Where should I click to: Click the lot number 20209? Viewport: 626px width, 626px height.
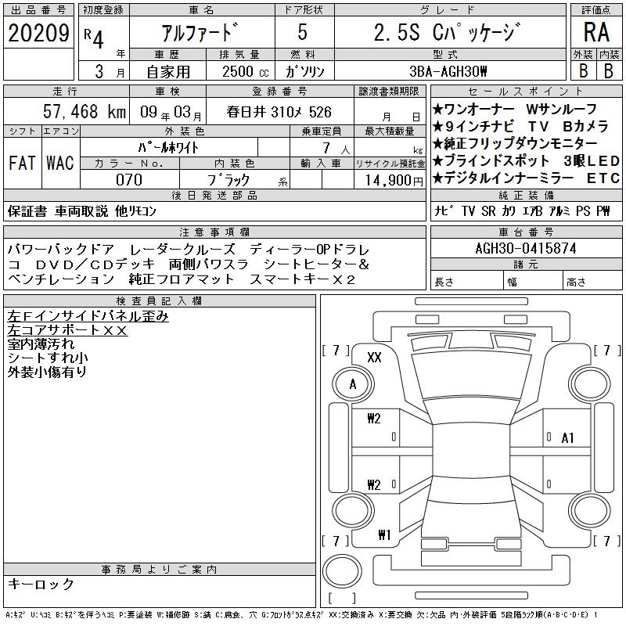tap(38, 33)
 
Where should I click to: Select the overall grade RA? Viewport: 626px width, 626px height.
tap(596, 32)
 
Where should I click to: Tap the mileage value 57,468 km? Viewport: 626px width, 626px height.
tap(85, 111)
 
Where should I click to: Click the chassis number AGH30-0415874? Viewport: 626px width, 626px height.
tap(526, 248)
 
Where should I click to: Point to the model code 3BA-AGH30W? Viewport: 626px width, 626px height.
tap(448, 71)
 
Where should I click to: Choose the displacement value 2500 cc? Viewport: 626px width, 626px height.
tap(246, 71)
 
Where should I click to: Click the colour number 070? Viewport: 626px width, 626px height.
tap(129, 180)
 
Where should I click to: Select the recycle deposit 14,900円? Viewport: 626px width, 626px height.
tap(394, 181)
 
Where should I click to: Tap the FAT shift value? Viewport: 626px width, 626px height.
tap(22, 163)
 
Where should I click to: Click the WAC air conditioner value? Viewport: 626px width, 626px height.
tap(60, 163)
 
